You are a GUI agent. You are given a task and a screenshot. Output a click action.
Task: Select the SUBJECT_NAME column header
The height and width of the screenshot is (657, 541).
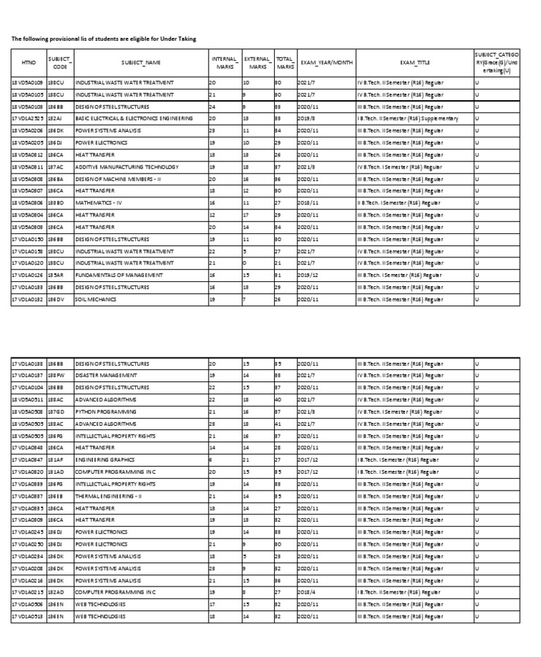coord(141,62)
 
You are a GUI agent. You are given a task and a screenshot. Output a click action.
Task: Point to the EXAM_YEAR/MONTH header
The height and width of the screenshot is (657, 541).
coord(326,62)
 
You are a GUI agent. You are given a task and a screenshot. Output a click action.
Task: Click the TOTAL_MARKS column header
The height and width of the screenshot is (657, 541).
coord(285,62)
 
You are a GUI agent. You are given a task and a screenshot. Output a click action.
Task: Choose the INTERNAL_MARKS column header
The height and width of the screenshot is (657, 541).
coord(225,62)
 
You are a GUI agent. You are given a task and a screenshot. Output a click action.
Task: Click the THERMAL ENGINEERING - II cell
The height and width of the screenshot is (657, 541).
coord(108,496)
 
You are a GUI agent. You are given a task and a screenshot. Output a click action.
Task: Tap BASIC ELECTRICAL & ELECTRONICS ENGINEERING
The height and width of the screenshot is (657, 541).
coord(133,118)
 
